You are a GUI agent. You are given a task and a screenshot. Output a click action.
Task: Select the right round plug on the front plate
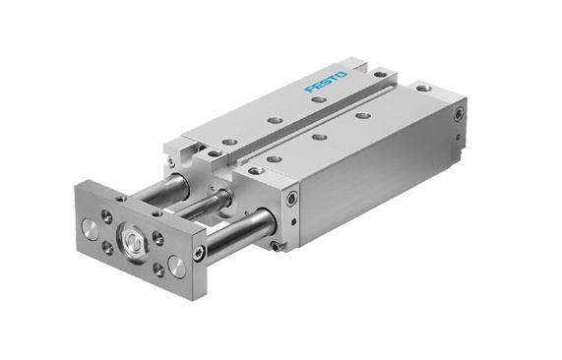176,264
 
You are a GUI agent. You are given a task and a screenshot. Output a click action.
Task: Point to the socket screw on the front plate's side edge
200,253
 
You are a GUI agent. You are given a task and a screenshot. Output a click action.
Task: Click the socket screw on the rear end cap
459,116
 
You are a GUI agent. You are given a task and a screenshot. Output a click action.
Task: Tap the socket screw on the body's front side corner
291,200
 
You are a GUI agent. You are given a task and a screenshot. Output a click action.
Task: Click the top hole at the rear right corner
421,89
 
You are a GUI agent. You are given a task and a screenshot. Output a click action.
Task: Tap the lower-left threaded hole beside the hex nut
107,247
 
